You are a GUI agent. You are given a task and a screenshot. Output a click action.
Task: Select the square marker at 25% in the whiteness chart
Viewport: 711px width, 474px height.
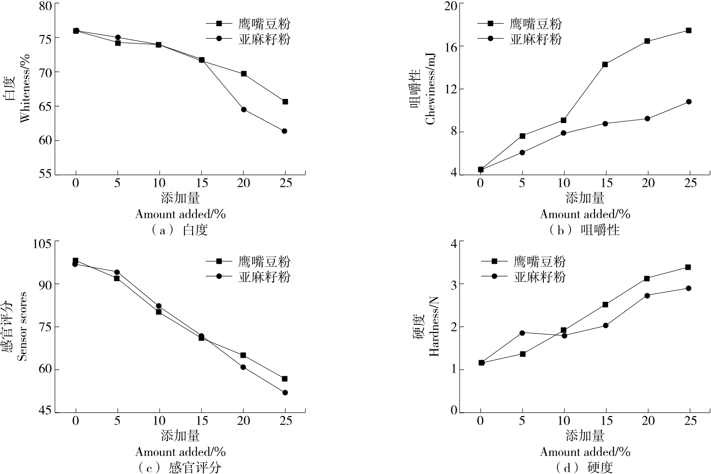pyautogui.click(x=285, y=101)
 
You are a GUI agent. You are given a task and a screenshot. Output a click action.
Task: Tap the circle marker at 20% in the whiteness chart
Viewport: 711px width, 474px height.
pyautogui.click(x=244, y=110)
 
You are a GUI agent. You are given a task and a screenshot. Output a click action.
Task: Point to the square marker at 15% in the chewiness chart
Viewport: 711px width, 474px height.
pyautogui.click(x=605, y=64)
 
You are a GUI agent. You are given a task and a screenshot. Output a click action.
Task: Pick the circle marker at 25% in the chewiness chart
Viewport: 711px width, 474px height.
pyautogui.click(x=689, y=101)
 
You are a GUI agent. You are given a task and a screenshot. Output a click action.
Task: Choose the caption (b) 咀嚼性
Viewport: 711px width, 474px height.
pyautogui.click(x=584, y=230)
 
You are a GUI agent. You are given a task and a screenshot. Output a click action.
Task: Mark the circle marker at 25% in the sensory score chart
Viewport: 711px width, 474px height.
pyautogui.click(x=285, y=392)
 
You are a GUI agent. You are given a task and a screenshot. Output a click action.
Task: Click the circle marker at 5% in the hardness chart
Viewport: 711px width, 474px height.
pyautogui.click(x=522, y=333)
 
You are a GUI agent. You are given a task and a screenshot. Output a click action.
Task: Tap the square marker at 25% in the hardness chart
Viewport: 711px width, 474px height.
pyautogui.click(x=688, y=267)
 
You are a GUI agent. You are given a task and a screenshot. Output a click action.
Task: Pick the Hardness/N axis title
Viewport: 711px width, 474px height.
pyautogui.click(x=434, y=326)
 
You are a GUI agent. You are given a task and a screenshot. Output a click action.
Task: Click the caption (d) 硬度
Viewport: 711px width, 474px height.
pyautogui.click(x=584, y=468)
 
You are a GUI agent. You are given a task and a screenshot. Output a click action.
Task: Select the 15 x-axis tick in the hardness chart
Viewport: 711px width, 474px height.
pyautogui.click(x=606, y=421)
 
